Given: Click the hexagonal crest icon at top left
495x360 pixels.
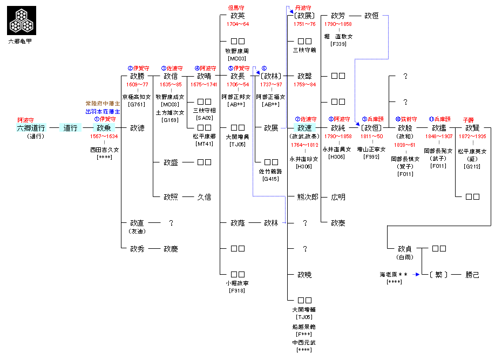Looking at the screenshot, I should pyautogui.click(x=22, y=20).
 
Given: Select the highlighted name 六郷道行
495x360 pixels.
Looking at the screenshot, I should pyautogui.click(x=31, y=128).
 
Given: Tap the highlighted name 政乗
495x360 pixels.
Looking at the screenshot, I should pyautogui.click(x=104, y=128).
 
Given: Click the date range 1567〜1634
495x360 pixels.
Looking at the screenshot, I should pyautogui.click(x=104, y=137).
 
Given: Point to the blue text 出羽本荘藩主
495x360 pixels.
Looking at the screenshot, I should pyautogui.click(x=103, y=111).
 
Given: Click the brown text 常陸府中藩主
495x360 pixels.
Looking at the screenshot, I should pyautogui.click(x=103, y=103).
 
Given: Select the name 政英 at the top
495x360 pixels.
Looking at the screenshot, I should pyautogui.click(x=238, y=16).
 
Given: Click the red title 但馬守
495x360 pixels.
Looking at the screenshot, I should pyautogui.click(x=238, y=8).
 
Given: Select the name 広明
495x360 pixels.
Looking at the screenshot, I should pyautogui.click(x=338, y=197).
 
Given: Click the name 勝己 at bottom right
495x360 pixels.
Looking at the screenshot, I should pyautogui.click(x=472, y=274).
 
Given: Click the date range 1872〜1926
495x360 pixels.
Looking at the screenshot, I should pyautogui.click(x=472, y=137).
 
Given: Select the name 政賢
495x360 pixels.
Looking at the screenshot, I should pyautogui.click(x=472, y=128).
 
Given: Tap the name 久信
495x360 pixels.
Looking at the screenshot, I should pyautogui.click(x=204, y=197).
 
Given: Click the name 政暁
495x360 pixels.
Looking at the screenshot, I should pyautogui.click(x=304, y=274).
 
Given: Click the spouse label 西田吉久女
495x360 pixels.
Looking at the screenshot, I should pyautogui.click(x=104, y=149).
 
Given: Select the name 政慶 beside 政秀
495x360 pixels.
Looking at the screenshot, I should pyautogui.click(x=171, y=249).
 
